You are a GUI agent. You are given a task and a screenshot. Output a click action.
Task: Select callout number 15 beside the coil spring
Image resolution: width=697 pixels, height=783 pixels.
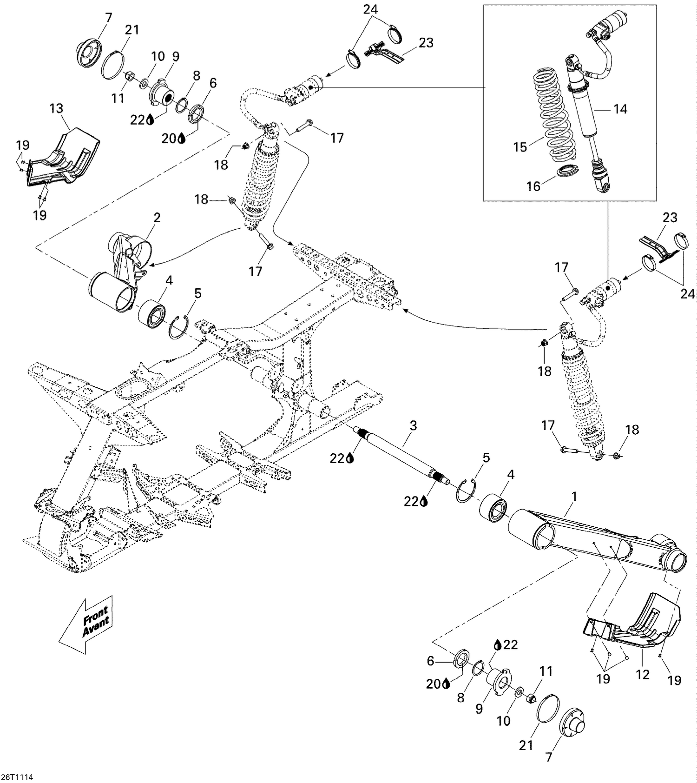click(520, 147)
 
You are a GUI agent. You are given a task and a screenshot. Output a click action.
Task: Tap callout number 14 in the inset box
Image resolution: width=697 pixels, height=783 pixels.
click(620, 109)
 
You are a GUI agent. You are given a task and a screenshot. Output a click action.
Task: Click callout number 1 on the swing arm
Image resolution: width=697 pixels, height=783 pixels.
click(574, 497)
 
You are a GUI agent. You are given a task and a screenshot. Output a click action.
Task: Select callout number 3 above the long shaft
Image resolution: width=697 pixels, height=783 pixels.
click(413, 425)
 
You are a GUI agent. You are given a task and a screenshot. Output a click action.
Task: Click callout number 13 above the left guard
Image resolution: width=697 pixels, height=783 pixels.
click(56, 108)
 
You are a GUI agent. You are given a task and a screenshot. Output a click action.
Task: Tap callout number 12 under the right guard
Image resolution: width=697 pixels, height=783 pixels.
click(642, 674)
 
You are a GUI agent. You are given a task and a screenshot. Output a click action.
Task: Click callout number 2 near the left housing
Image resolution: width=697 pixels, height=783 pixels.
click(157, 218)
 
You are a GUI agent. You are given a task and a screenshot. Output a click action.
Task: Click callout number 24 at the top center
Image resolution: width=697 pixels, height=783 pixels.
click(370, 9)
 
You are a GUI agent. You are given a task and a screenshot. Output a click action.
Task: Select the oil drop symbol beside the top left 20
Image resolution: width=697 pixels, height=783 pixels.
click(181, 138)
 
